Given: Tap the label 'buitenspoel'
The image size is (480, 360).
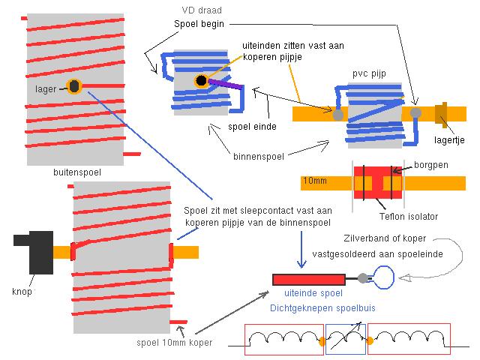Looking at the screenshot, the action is point(77,172).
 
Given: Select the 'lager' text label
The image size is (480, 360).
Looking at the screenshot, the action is point(46,89).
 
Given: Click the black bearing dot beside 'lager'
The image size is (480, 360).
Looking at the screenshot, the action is point(74,86).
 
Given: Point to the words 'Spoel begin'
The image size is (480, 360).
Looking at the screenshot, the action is point(199,24).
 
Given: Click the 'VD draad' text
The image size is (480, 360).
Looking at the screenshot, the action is point(202,10).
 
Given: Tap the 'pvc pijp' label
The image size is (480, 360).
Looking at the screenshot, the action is point(369,73).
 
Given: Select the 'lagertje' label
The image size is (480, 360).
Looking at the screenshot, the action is point(449,140).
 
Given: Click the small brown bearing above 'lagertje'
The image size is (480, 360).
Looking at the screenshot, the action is point(441,113).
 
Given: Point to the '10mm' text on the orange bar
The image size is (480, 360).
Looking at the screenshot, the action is point(315,181).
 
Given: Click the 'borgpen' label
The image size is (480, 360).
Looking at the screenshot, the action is point(431,165).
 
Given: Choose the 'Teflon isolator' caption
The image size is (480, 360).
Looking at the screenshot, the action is point(409,217).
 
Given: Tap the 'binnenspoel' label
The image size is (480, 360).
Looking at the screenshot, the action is point(259,157).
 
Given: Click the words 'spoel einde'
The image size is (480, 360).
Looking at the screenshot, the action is point(252,127).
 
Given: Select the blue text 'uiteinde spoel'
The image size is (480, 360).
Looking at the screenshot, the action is point(313,293).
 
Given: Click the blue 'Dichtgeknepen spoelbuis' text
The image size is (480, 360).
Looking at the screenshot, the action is point(322,308).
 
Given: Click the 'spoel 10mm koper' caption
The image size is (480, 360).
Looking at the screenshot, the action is point(175,343).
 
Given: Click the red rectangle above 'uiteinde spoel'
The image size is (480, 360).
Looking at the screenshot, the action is point(309,280).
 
